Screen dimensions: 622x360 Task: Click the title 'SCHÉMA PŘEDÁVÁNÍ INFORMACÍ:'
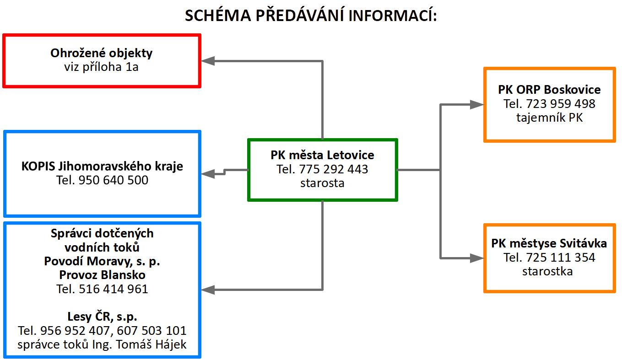click(x=311, y=16)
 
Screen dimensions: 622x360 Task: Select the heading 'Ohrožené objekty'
click(x=101, y=53)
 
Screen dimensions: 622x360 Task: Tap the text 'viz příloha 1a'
click(x=101, y=67)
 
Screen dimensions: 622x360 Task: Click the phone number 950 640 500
click(x=114, y=180)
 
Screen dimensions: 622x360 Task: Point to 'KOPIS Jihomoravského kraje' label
click(x=102, y=166)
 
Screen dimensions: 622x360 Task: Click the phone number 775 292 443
click(x=334, y=169)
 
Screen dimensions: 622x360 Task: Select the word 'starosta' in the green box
click(x=322, y=183)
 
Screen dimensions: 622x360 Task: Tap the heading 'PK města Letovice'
click(x=322, y=155)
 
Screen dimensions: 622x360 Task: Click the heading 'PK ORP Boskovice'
click(x=549, y=90)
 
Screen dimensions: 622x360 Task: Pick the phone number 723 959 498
click(x=561, y=104)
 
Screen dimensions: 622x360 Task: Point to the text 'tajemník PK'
click(x=550, y=118)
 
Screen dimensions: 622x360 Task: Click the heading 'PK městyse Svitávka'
click(x=549, y=243)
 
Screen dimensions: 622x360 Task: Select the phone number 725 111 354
click(x=561, y=258)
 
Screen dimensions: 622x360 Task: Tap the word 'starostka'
click(x=547, y=271)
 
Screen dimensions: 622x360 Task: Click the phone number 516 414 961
click(x=114, y=289)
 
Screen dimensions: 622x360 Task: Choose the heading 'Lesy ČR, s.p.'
click(x=102, y=317)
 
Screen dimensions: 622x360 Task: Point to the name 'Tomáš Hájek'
click(x=151, y=344)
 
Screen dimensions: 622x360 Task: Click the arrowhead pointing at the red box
click(x=208, y=61)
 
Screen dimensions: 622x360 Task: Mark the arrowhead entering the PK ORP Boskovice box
click(x=477, y=105)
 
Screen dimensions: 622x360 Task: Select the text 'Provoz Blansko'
click(x=102, y=275)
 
